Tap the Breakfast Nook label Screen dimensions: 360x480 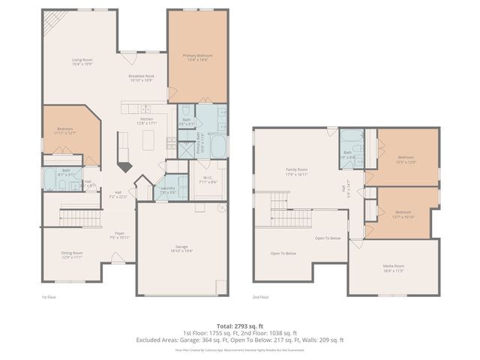[141, 77]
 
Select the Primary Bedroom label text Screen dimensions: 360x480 [196, 58]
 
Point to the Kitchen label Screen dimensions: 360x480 [147, 121]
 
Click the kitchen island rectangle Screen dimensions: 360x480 [150, 139]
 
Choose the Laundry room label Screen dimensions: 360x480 [167, 190]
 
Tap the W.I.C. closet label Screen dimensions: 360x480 [208, 181]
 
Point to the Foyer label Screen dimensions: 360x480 [120, 235]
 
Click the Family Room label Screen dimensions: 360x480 [298, 172]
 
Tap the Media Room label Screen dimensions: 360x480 [394, 267]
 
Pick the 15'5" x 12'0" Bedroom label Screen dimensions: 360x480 [406, 159]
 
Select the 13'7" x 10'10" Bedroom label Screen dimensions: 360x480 [403, 214]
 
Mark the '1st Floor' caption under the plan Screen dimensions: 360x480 [49, 298]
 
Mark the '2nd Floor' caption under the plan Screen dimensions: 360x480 [260, 298]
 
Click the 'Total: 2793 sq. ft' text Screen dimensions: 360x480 [240, 325]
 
